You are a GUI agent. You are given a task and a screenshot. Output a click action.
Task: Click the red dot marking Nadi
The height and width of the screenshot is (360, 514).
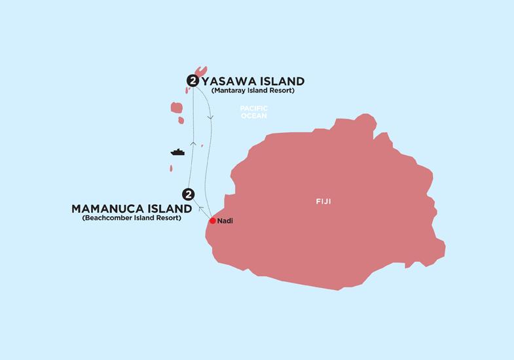(x=212, y=221)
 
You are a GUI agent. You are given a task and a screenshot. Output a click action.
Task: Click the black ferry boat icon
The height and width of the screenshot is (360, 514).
(x=177, y=152)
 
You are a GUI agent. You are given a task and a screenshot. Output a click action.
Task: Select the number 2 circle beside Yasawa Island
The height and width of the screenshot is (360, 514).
(x=193, y=81)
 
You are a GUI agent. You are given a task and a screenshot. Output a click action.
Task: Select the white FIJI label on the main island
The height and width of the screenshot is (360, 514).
(x=323, y=202)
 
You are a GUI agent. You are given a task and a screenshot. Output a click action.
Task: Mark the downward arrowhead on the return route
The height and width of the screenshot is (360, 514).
(x=210, y=117)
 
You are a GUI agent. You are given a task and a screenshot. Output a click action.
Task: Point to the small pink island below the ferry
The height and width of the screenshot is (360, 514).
(x=172, y=168)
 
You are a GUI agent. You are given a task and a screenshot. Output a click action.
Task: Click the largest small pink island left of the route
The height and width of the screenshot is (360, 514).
(x=176, y=107)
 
